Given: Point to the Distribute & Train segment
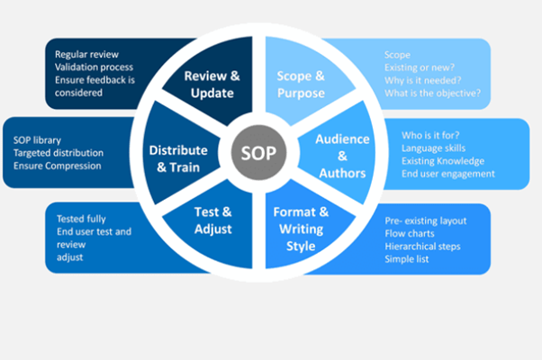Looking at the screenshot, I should click(x=178, y=157).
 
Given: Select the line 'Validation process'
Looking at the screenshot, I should click(x=94, y=67).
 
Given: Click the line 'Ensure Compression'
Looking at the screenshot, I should click(x=58, y=166).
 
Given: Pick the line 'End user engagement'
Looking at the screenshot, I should click(x=448, y=174).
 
